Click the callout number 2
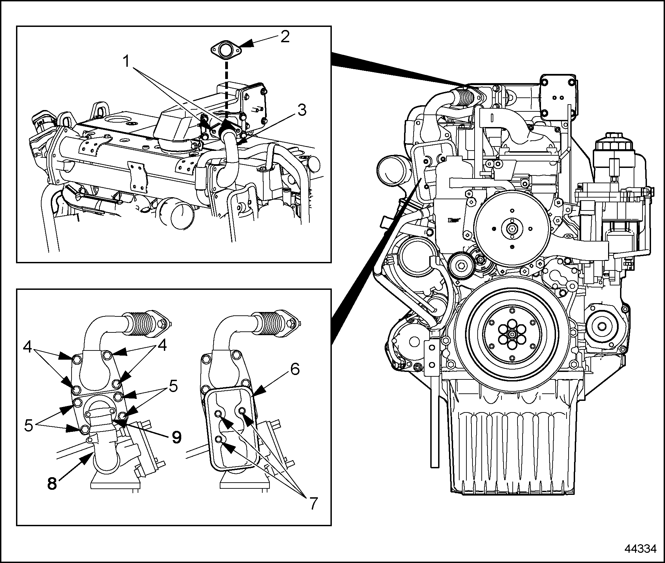284,36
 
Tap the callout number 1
126,62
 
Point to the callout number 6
295,369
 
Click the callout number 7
313,504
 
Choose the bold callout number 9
176,437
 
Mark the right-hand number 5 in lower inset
173,387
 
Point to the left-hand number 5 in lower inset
29,425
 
